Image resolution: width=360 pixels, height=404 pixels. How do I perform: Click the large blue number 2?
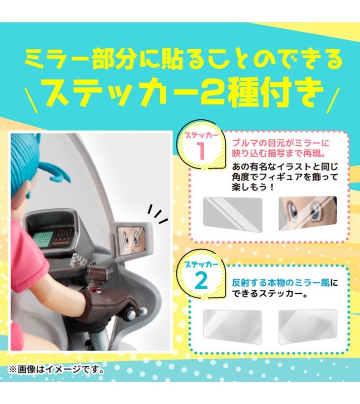pos(201,281)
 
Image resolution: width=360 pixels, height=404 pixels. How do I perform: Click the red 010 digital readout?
pos(65,233)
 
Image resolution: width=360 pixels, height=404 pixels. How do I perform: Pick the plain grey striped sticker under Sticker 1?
pos(233,214)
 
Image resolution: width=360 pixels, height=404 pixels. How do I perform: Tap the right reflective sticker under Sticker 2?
pos(308,327)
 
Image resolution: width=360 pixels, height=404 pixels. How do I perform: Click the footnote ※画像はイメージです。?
pos(57,370)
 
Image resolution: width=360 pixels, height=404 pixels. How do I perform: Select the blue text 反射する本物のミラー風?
pos(281,283)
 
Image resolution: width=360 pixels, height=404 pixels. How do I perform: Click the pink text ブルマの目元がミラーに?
pos(281,143)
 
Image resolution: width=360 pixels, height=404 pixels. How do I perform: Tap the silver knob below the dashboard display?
pos(75,259)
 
